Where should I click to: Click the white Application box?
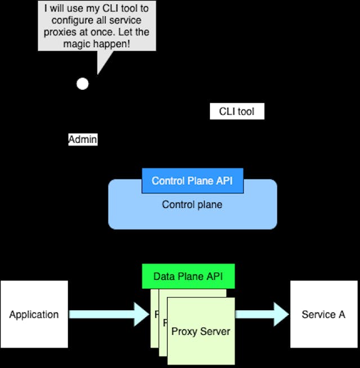34,314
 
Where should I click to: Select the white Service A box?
323,314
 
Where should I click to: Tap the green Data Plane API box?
188,276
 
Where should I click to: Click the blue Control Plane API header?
192,181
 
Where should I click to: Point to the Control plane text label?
192,205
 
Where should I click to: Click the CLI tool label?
237,111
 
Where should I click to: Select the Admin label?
83,139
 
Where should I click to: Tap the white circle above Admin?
83,84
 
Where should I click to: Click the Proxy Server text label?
201,331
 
